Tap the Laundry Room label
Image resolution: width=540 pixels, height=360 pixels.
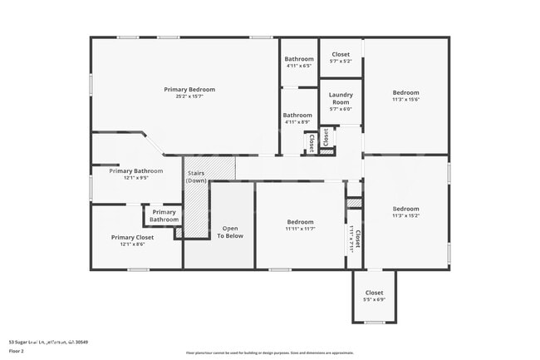(x=341, y=99)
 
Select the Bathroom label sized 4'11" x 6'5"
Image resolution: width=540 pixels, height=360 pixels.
(x=299, y=59)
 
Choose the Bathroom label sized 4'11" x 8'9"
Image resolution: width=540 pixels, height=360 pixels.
(x=297, y=116)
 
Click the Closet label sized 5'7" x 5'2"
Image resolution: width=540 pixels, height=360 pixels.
(x=341, y=54)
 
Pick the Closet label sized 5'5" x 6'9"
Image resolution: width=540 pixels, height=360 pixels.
(x=375, y=293)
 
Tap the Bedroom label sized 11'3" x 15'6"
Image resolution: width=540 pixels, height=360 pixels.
(x=406, y=92)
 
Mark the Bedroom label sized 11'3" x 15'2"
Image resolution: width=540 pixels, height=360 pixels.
(x=406, y=209)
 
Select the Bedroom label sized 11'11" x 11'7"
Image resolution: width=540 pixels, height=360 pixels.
(x=300, y=222)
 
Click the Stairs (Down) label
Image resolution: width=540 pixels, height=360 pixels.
(x=196, y=176)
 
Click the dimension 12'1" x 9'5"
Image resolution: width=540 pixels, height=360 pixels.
(x=136, y=178)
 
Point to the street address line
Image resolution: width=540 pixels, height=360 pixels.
(x=48, y=342)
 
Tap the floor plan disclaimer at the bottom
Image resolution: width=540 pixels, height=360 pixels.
(x=269, y=353)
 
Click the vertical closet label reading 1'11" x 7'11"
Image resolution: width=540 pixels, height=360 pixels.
(x=352, y=241)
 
